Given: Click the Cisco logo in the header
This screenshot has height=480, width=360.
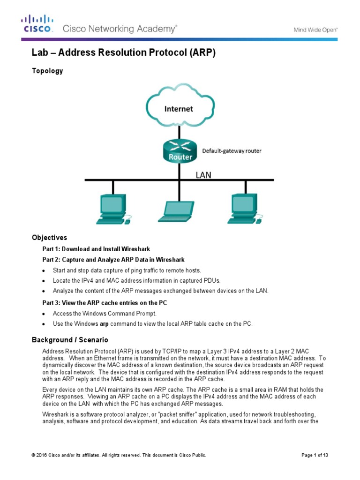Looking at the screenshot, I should pyautogui.click(x=38, y=24).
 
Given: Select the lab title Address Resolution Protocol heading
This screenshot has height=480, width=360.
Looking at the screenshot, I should pyautogui.click(x=123, y=53).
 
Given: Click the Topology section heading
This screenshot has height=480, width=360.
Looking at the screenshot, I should pyautogui.click(x=47, y=71).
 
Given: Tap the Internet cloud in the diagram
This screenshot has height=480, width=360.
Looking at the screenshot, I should pyautogui.click(x=179, y=108).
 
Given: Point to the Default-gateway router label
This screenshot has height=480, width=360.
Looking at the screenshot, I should pyautogui.click(x=232, y=151).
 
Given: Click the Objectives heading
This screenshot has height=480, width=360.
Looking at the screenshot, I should pyautogui.click(x=49, y=238).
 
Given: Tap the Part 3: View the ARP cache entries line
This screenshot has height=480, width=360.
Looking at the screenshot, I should pyautogui.click(x=105, y=303).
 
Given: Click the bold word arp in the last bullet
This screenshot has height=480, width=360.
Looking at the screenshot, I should pyautogui.click(x=104, y=324).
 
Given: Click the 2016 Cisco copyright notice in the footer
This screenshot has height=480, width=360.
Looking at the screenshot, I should pyautogui.click(x=119, y=455).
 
